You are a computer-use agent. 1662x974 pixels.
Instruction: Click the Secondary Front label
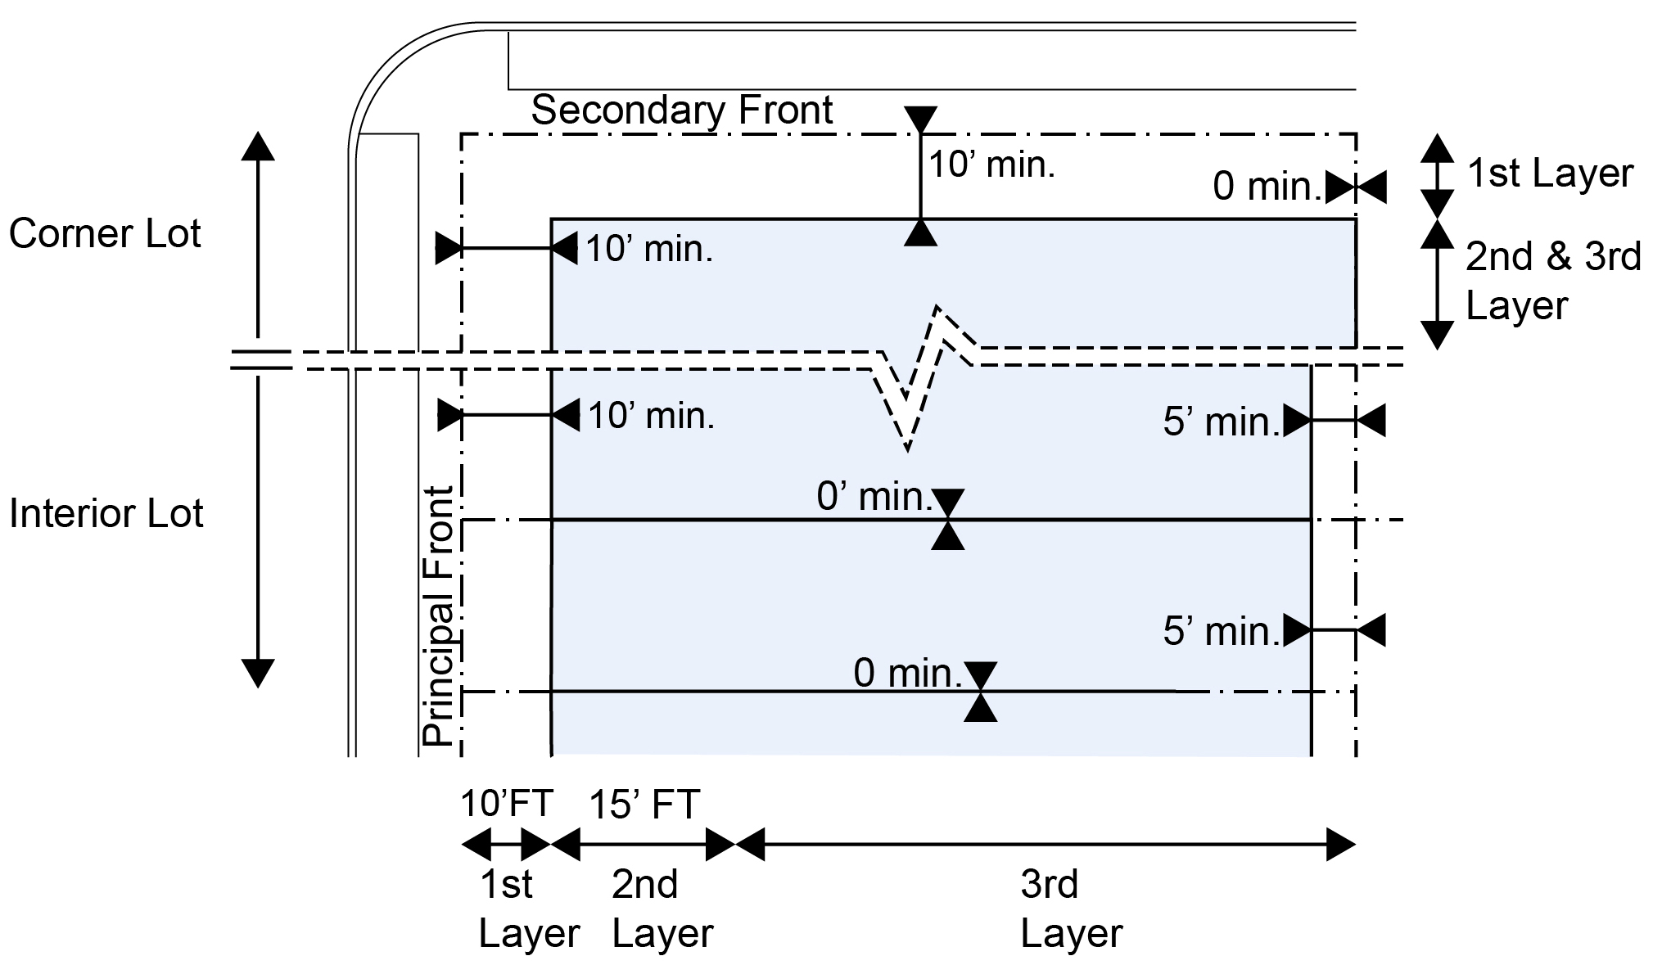click(681, 110)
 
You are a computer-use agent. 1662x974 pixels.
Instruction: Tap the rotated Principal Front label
click(438, 616)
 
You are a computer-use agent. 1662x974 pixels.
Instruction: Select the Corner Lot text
click(105, 234)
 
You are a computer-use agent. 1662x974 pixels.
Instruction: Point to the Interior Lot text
click(106, 514)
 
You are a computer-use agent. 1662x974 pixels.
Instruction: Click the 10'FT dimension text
click(507, 804)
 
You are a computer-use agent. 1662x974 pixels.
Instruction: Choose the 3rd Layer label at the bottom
click(1071, 909)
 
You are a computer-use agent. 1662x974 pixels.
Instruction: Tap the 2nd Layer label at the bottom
click(662, 909)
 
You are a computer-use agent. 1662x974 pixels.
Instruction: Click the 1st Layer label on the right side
click(1549, 174)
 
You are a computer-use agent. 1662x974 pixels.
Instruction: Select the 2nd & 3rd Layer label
click(1552, 281)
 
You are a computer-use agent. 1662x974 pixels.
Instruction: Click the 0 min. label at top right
click(1267, 187)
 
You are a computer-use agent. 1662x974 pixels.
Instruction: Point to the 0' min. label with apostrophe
click(874, 497)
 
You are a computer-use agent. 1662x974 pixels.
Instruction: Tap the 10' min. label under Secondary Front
click(991, 165)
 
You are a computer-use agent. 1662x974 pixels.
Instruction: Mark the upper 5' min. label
click(1221, 422)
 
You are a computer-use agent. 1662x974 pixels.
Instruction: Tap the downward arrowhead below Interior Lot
click(258, 673)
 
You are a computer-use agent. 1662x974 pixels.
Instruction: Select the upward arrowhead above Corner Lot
click(258, 146)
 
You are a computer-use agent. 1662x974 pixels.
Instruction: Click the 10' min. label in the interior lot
click(651, 417)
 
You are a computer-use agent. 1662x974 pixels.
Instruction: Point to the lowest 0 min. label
click(907, 674)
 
